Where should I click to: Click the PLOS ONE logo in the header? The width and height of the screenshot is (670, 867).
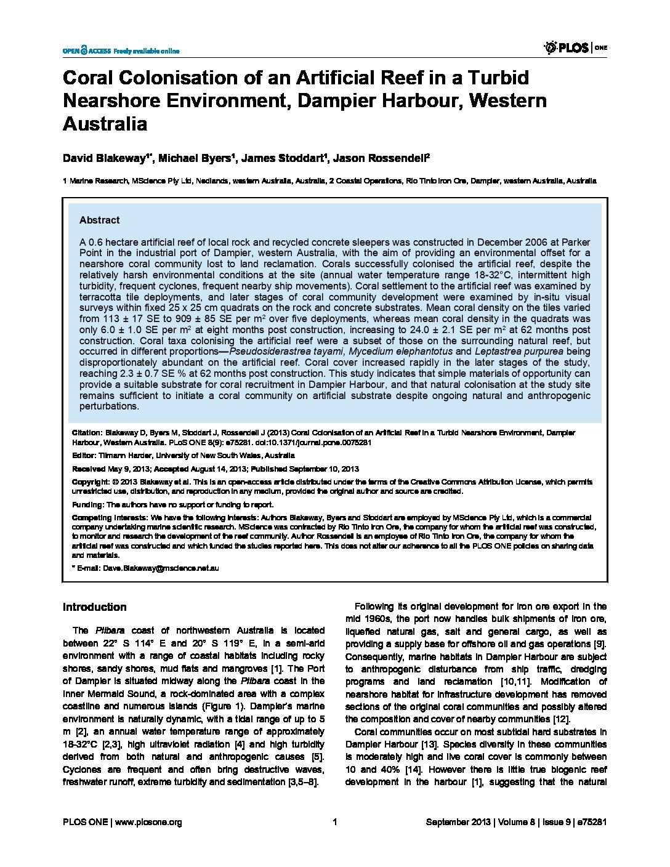[575, 47]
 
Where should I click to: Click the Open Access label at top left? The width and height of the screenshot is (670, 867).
[86, 50]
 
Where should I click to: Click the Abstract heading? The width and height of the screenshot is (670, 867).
[99, 220]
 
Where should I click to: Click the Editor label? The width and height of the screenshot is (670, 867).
[83, 456]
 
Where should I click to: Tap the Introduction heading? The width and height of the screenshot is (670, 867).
[94, 607]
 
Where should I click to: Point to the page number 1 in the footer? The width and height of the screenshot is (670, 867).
[334, 822]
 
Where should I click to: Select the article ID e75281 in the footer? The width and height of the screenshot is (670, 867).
[592, 822]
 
